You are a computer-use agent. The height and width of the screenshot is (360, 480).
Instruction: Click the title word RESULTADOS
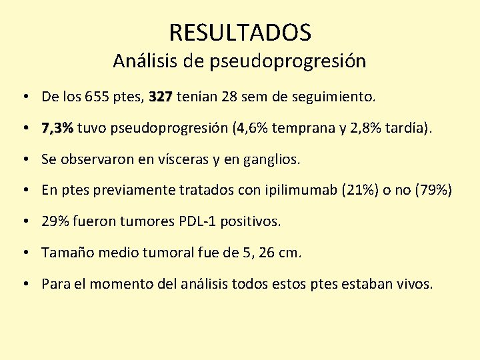(x=240, y=32)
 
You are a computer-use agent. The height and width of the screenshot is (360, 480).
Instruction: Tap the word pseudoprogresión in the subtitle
(x=287, y=61)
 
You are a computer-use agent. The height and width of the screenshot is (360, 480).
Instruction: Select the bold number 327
(x=161, y=97)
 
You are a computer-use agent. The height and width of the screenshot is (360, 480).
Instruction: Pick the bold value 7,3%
(x=57, y=128)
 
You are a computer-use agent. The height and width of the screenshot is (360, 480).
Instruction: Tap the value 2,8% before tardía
(x=363, y=128)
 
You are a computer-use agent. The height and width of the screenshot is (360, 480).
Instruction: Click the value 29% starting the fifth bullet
(x=53, y=221)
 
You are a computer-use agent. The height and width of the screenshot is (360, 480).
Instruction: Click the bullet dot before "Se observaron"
(x=24, y=159)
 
